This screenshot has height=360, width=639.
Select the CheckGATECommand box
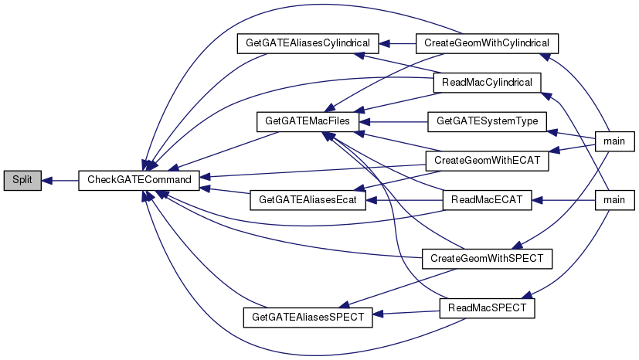pyautogui.click(x=139, y=180)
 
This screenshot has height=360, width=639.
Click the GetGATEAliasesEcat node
pyautogui.click(x=307, y=200)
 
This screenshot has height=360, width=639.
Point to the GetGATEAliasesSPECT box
pyautogui.click(x=307, y=317)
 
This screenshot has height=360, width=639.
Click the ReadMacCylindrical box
pyautogui.click(x=488, y=81)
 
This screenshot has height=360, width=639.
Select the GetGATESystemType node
pyautogui.click(x=487, y=121)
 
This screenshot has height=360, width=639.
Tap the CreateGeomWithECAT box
pyautogui.click(x=487, y=160)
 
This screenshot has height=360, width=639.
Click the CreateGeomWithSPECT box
pyautogui.click(x=487, y=257)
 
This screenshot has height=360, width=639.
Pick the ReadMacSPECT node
pyautogui.click(x=487, y=307)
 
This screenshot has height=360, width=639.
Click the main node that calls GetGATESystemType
pyautogui.click(x=614, y=140)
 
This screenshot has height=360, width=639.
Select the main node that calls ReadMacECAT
pyautogui.click(x=614, y=200)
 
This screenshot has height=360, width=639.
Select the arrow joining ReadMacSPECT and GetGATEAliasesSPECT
pyautogui.click(x=406, y=312)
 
